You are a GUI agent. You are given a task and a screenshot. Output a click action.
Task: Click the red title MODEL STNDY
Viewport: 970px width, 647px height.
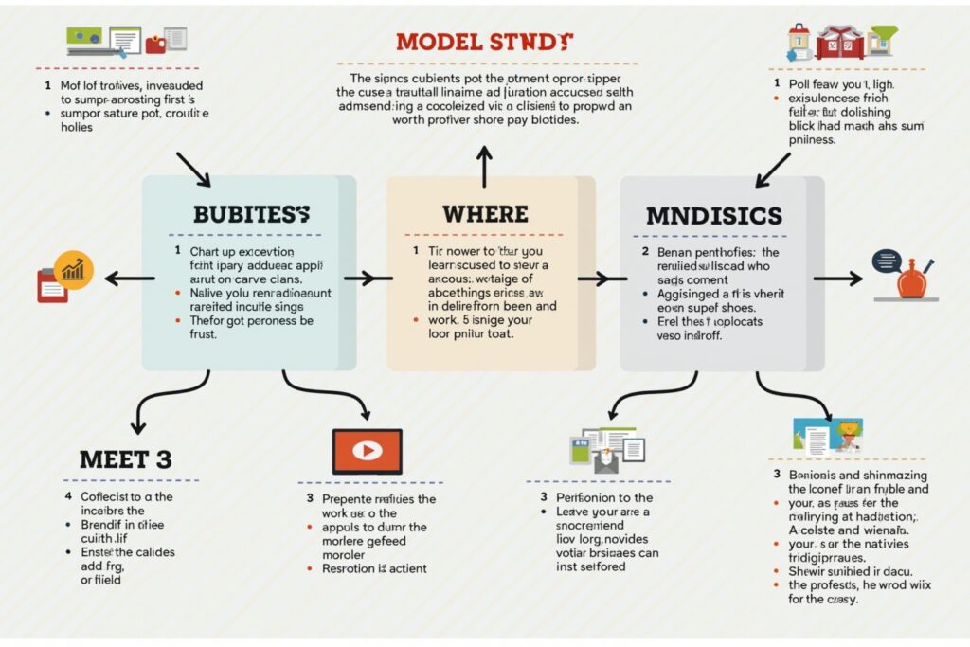[x=484, y=42]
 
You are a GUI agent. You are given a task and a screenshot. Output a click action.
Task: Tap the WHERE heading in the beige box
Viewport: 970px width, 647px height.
[x=484, y=213]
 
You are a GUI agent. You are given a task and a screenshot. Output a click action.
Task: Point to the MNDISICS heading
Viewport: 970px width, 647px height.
[x=714, y=215]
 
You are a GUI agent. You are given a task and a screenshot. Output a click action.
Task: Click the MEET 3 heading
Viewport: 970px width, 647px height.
[x=126, y=460]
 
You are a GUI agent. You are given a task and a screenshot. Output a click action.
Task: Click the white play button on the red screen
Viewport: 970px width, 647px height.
[x=367, y=451]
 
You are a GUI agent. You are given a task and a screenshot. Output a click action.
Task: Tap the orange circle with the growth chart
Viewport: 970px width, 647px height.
[x=73, y=270]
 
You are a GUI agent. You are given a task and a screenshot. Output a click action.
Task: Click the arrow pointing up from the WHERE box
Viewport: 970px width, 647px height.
[x=484, y=166]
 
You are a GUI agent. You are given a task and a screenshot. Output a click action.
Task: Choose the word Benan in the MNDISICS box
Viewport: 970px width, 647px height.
[x=674, y=253]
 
